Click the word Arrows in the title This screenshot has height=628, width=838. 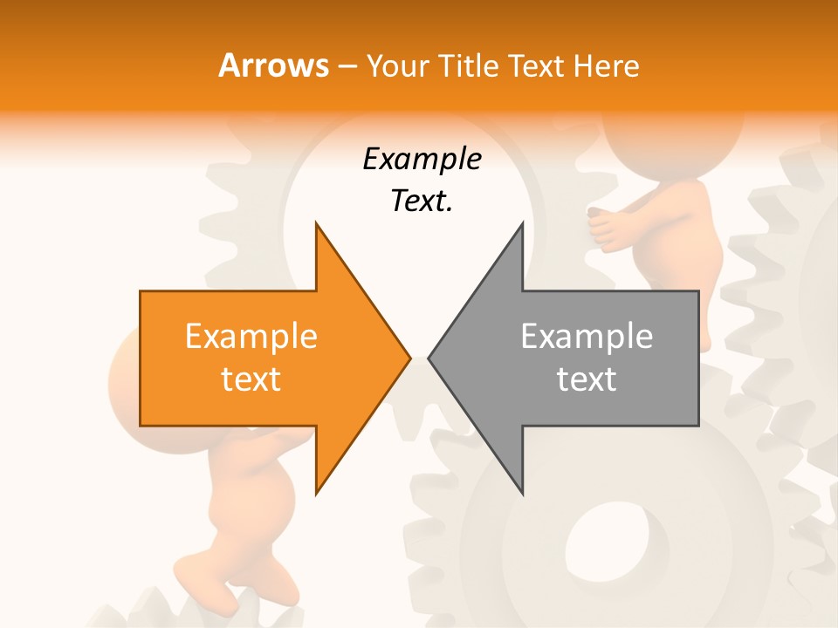point(273,65)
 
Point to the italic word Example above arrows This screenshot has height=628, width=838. point(422,160)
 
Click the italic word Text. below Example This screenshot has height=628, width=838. point(422,201)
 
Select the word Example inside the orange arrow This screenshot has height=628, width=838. point(251,337)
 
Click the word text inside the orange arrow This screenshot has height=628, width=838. point(251,379)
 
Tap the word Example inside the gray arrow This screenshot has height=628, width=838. point(587,337)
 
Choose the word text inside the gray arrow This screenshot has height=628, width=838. point(587,379)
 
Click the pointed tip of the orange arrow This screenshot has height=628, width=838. point(409,358)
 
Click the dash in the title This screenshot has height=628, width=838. point(346,66)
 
